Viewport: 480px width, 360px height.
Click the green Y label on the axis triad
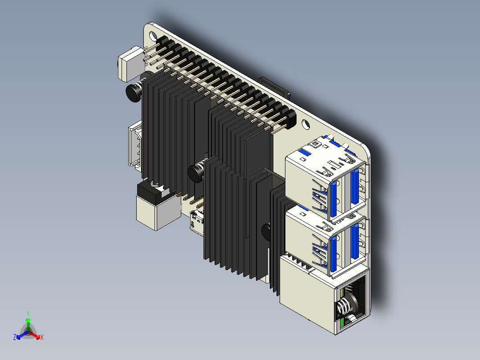pos(28,313)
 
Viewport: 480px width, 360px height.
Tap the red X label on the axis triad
pos(41,338)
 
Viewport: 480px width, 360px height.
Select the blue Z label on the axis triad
pos(15,338)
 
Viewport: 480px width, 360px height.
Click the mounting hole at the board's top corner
pos(153,35)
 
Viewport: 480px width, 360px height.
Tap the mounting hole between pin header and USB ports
pos(307,125)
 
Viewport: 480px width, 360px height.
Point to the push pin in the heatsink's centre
pos(196,172)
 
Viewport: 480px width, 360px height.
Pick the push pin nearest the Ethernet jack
pos(267,232)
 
